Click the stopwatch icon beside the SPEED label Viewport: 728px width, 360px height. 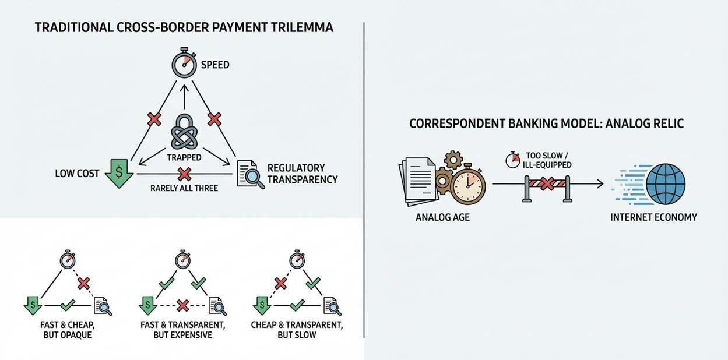pyautogui.click(x=184, y=63)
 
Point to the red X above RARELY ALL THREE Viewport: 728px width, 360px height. pyautogui.click(x=184, y=174)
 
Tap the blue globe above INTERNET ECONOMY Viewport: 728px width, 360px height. pyautogui.click(x=666, y=184)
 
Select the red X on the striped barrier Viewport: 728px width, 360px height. pyautogui.click(x=546, y=184)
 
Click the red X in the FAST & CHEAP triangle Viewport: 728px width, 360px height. pyautogui.click(x=84, y=283)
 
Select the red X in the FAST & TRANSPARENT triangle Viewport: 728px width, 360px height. pyautogui.click(x=182, y=305)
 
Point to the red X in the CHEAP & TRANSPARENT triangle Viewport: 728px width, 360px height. pyautogui.click(x=280, y=283)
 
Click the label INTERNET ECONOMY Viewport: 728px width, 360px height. pyautogui.click(x=653, y=217)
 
